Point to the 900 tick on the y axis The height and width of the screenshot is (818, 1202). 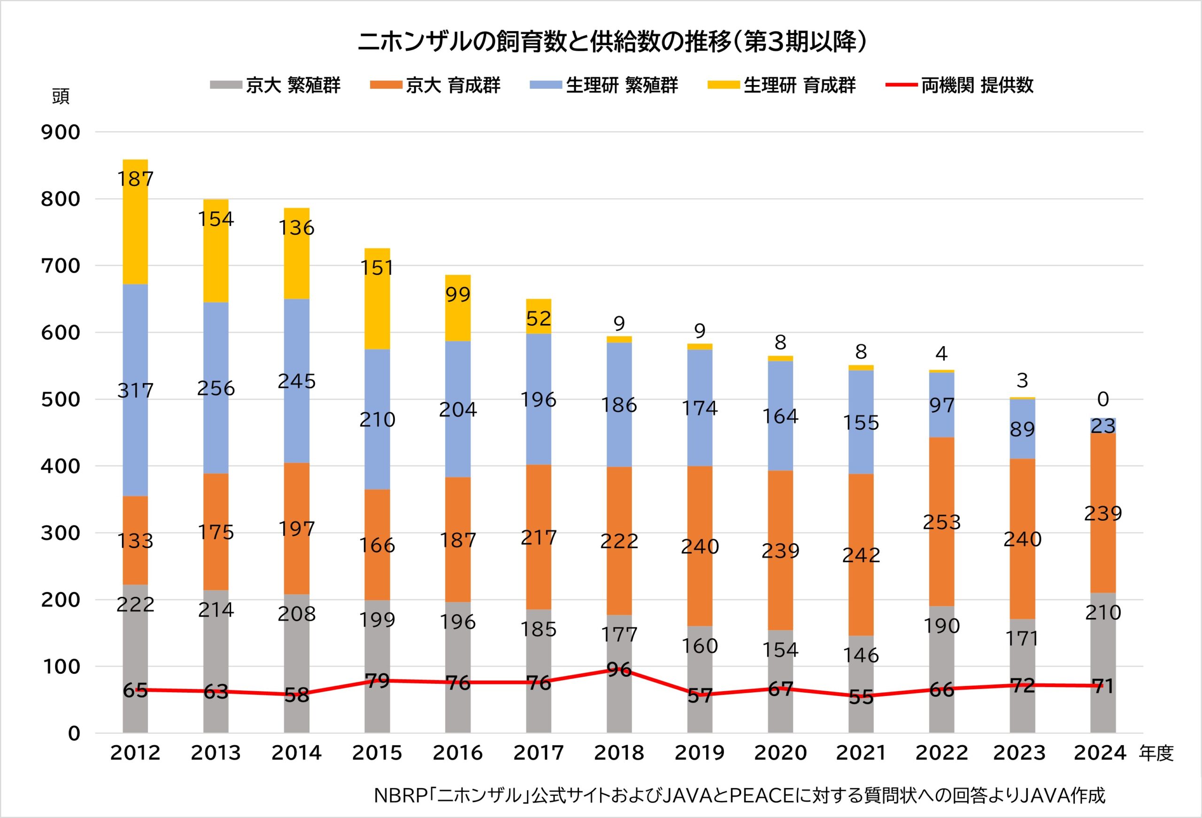pos(61,132)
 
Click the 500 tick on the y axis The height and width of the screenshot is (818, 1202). pos(61,400)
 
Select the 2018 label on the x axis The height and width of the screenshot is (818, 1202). pos(619,753)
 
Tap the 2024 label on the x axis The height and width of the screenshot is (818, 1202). pos(1100,753)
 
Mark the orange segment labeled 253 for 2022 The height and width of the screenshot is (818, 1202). pos(942,522)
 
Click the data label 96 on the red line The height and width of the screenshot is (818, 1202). pos(619,670)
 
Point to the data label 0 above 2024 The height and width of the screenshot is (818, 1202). pos(1103,400)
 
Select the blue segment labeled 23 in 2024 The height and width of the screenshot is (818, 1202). pos(1103,426)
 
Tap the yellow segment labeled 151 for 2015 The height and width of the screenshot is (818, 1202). pos(378,299)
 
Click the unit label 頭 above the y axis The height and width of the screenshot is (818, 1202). pos(61,97)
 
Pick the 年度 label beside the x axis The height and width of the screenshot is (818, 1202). pos(1156,754)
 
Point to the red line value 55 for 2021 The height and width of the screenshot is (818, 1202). pos(861,697)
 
